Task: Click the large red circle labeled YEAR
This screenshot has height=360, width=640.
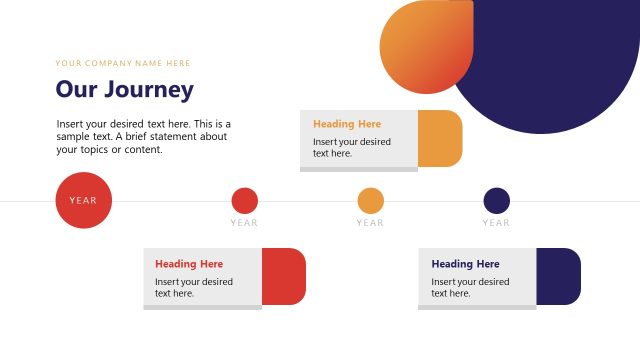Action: coord(84,200)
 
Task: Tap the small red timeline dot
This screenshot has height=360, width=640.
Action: coord(244,200)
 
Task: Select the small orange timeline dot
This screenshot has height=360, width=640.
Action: coord(370,200)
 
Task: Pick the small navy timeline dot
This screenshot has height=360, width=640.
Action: coord(496,200)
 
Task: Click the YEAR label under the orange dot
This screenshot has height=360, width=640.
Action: coord(370,223)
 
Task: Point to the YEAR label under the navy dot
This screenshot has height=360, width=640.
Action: coord(496,223)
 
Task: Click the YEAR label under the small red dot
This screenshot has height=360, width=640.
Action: coord(244,223)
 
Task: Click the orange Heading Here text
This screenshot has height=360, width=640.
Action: coord(347,124)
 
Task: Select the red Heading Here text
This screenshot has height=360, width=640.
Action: coord(189,264)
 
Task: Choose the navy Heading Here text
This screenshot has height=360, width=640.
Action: coord(465,264)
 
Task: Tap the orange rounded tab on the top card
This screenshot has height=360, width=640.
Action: coord(440,138)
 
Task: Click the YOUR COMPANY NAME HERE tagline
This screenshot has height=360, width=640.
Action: coord(123,63)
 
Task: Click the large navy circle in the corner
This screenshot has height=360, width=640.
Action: coord(560,60)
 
